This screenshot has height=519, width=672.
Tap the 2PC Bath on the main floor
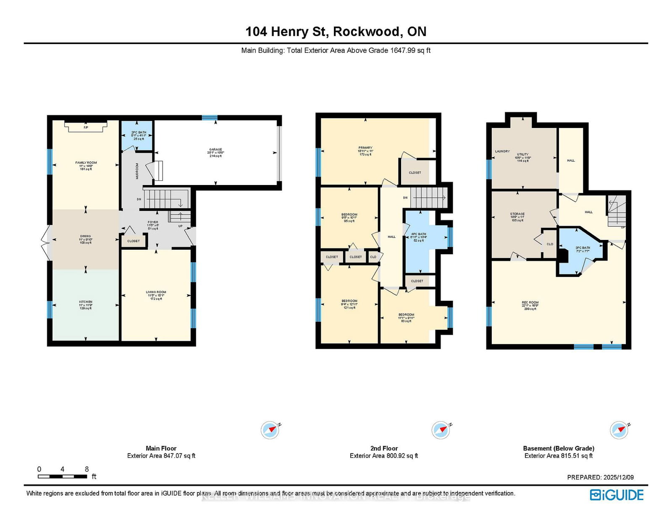(x=139, y=133)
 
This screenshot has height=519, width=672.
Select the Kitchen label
(x=86, y=302)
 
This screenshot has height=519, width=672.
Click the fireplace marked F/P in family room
(x=86, y=127)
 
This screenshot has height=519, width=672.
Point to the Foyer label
(x=153, y=222)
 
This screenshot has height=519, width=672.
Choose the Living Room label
(x=156, y=292)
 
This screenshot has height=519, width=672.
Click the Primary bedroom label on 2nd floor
(x=365, y=148)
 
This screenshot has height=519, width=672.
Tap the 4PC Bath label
(x=418, y=235)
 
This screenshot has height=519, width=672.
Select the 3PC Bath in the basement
(x=583, y=248)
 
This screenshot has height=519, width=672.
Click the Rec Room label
(x=530, y=303)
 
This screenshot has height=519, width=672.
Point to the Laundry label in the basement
(x=502, y=151)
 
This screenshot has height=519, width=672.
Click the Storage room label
(x=517, y=214)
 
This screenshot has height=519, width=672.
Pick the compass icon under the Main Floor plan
(x=270, y=430)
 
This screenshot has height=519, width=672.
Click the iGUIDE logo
(x=617, y=495)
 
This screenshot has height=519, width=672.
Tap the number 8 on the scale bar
(x=87, y=469)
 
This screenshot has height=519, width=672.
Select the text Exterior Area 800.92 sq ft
(x=383, y=456)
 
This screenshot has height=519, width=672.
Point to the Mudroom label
(x=137, y=171)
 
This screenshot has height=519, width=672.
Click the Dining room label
(x=85, y=236)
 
